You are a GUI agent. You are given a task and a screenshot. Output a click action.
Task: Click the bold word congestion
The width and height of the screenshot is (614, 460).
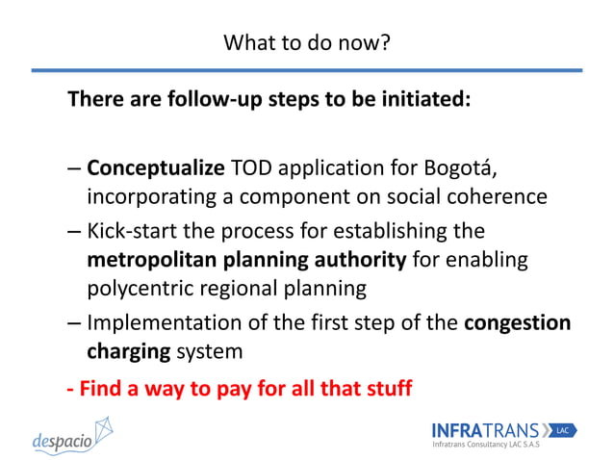pos(517,322)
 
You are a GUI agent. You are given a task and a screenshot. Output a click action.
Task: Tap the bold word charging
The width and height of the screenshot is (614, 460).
pos(125,352)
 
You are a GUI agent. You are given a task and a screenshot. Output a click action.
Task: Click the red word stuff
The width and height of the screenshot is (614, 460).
pos(385,389)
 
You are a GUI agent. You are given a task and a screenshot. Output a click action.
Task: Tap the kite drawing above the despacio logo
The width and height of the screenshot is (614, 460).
pos(100,426)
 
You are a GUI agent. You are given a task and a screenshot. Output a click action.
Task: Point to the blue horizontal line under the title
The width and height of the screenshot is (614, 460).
pos(306,69)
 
